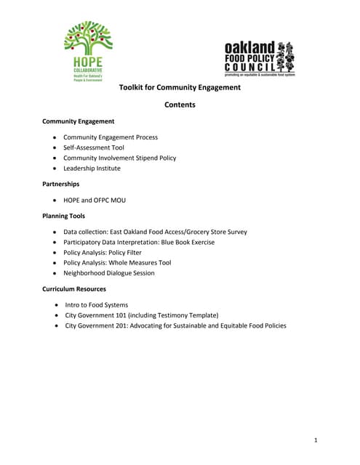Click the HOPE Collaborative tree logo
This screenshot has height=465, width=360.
tap(88, 51)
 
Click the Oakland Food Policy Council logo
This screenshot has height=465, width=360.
tap(259, 58)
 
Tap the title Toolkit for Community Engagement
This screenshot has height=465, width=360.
tap(180, 88)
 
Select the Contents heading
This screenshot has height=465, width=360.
tap(180, 105)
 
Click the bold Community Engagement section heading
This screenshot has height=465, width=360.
tap(78, 121)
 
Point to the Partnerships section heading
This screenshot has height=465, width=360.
tap(61, 184)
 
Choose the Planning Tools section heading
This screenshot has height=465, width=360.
tap(63, 216)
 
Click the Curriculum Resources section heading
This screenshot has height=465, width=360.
tap(74, 289)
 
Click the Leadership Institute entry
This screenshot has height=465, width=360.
tap(92, 169)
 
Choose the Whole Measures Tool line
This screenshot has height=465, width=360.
tap(138, 263)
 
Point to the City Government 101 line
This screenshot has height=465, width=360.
tap(142, 315)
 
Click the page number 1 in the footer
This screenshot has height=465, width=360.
tap(316, 440)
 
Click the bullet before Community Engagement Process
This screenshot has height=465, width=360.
tap(55, 137)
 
